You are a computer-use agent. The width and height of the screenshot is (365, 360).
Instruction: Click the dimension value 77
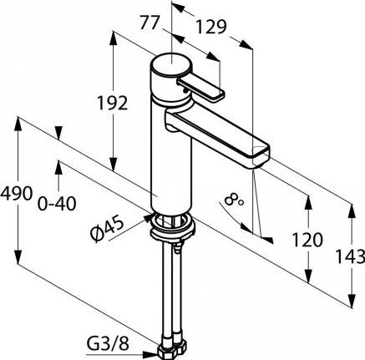pyautogui.click(x=150, y=23)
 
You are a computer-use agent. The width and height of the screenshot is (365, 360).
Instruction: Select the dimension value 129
pyautogui.click(x=211, y=27)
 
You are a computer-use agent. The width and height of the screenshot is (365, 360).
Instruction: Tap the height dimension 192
pyautogui.click(x=113, y=103)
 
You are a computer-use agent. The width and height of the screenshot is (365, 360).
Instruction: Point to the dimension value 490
pyautogui.click(x=17, y=193)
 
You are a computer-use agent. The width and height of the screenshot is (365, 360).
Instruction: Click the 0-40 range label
pyautogui.click(x=57, y=203)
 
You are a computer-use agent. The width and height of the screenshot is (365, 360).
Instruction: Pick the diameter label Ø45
pyautogui.click(x=107, y=228)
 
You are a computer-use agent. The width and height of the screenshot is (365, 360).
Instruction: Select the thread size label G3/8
pyautogui.click(x=108, y=344)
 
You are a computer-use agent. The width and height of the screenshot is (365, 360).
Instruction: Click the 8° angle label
pyautogui.click(x=233, y=200)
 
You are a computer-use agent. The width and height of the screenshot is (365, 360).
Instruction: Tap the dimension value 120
pyautogui.click(x=307, y=240)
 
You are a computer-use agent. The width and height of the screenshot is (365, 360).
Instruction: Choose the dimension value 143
pyautogui.click(x=350, y=256)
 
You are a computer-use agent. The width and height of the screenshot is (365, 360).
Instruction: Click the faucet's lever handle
pyautogui.click(x=200, y=89)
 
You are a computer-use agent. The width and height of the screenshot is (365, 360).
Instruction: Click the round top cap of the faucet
pyautogui.click(x=171, y=64)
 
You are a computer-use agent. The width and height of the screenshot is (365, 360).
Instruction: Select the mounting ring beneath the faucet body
pyautogui.click(x=173, y=226)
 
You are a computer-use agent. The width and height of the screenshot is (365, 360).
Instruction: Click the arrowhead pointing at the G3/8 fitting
pyautogui.click(x=150, y=354)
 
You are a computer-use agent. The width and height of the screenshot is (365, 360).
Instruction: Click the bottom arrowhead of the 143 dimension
pyautogui.click(x=352, y=301)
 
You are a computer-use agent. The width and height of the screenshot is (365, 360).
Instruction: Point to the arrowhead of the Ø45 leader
pyautogui.click(x=147, y=218)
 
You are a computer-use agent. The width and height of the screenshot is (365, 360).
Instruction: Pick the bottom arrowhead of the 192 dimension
pyautogui.click(x=113, y=164)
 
